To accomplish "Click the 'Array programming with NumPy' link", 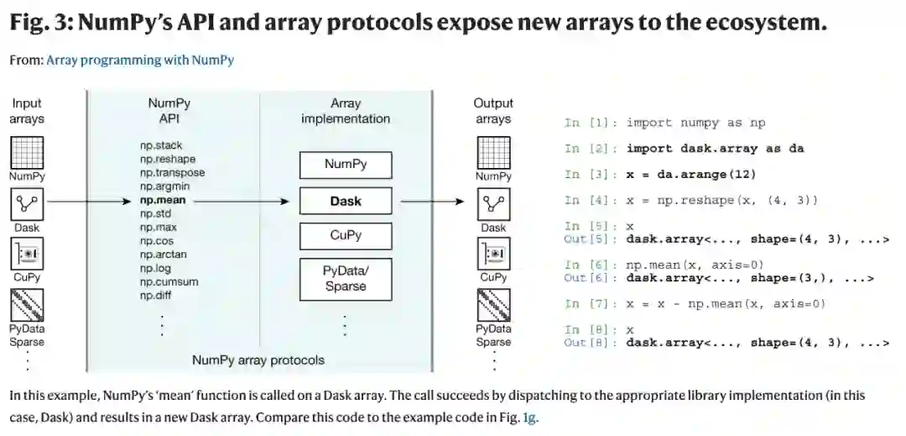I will pos(140,60).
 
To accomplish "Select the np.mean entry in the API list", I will pos(162,201).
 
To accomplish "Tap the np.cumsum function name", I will pos(169,281).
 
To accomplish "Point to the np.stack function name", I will pos(160,145).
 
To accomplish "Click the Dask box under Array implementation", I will pos(346,202).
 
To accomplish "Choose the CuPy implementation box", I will pos(346,235).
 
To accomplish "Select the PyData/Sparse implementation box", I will pos(346,278).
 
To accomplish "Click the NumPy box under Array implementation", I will pos(346,165).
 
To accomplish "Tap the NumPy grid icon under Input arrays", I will pos(27,153).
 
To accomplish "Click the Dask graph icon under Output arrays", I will pos(493,204).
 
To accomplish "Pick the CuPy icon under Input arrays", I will pos(27,254).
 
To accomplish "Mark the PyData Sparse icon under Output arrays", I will pos(493,306).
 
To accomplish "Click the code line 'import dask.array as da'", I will pos(715,149).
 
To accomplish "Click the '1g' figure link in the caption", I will pos(529,416).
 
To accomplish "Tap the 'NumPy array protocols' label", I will pos(258,360).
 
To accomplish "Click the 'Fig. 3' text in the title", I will pos(39,24).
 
